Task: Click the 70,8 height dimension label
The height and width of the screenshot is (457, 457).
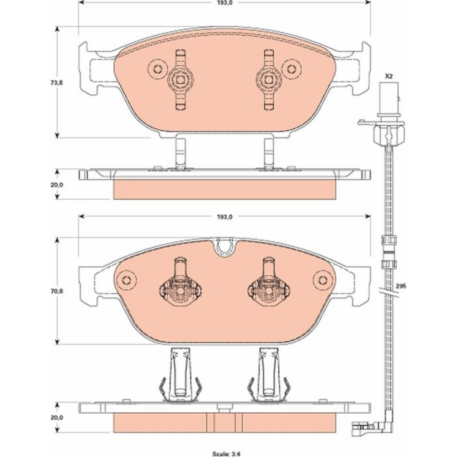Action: click(x=56, y=290)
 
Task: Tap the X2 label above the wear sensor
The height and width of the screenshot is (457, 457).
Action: click(x=389, y=76)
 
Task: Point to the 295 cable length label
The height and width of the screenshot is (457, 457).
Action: click(x=401, y=286)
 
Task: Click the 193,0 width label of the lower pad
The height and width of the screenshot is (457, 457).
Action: click(x=225, y=217)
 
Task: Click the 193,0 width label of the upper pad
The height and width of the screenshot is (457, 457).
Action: click(x=225, y=3)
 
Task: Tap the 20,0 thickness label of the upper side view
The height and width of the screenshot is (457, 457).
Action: click(x=57, y=185)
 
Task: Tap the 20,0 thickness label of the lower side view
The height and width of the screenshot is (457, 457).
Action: click(x=57, y=417)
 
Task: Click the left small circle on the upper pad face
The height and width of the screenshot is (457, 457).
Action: click(x=158, y=69)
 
